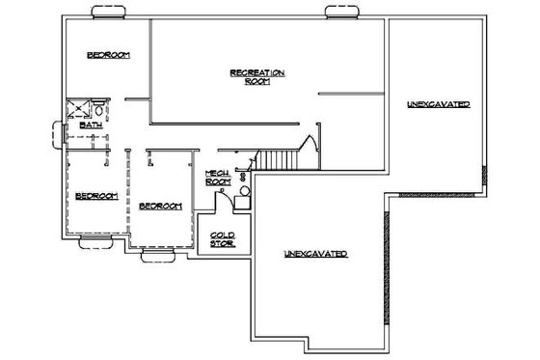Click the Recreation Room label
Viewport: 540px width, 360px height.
256,77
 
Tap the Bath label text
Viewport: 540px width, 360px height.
91,125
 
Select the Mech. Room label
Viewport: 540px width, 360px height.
216,177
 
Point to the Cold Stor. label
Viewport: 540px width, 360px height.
224,237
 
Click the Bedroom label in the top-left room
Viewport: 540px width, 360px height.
109,55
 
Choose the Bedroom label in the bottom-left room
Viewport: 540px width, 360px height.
95,196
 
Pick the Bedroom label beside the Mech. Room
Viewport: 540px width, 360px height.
159,207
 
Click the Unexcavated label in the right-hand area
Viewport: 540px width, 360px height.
438,103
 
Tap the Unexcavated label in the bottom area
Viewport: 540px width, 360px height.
315,254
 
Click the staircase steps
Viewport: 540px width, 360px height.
277,160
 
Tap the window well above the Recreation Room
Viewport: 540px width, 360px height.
341,12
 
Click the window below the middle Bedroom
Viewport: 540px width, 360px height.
156,256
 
